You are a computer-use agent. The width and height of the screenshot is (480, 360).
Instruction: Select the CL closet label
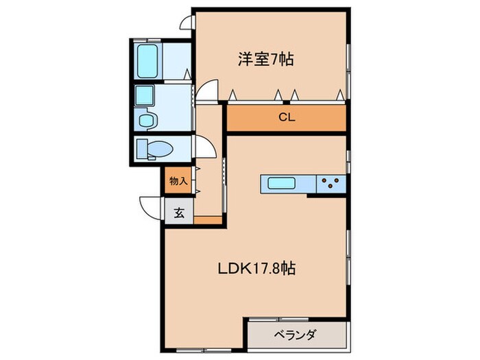(x=287, y=117)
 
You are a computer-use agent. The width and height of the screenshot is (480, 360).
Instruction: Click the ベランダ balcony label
(x=295, y=336)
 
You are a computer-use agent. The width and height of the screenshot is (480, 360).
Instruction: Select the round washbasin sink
(x=146, y=120)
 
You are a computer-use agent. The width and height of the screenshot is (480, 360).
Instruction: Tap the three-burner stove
(x=330, y=184)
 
